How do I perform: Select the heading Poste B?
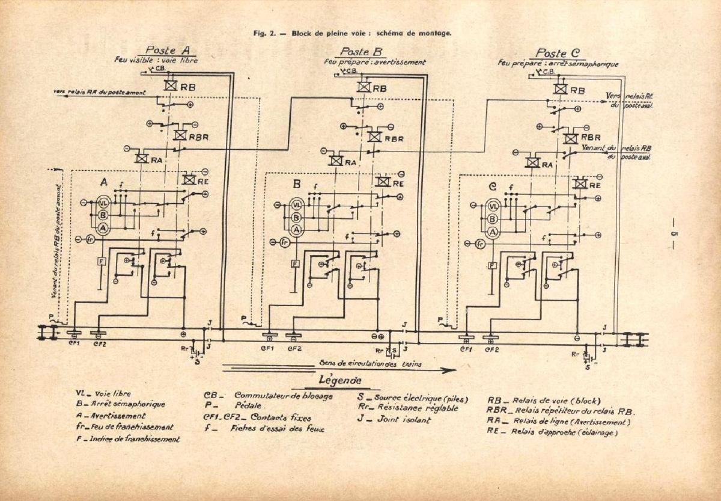pos(362,52)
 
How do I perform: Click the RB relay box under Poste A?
pos(171,86)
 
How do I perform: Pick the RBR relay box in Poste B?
pos(374,137)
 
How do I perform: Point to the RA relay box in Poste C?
pos(532,162)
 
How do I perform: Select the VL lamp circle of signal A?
pos(103,203)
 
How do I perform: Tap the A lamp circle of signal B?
pos(296,230)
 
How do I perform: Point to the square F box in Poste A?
pos(102,260)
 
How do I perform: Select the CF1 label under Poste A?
pos(74,343)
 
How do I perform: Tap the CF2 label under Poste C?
pos(491,348)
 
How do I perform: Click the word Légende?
pos(341,381)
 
